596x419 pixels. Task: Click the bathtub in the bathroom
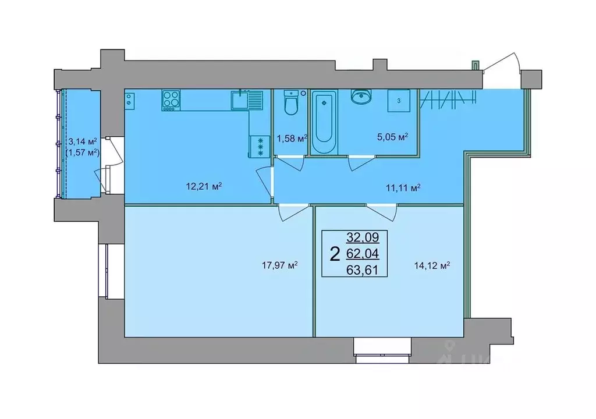[x=324, y=122]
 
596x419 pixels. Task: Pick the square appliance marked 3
[x=399, y=101]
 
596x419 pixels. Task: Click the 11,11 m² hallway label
[x=402, y=187]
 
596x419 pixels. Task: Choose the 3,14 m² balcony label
[x=82, y=141]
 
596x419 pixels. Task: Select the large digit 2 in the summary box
[x=335, y=254]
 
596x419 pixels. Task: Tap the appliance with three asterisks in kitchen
[x=256, y=145]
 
